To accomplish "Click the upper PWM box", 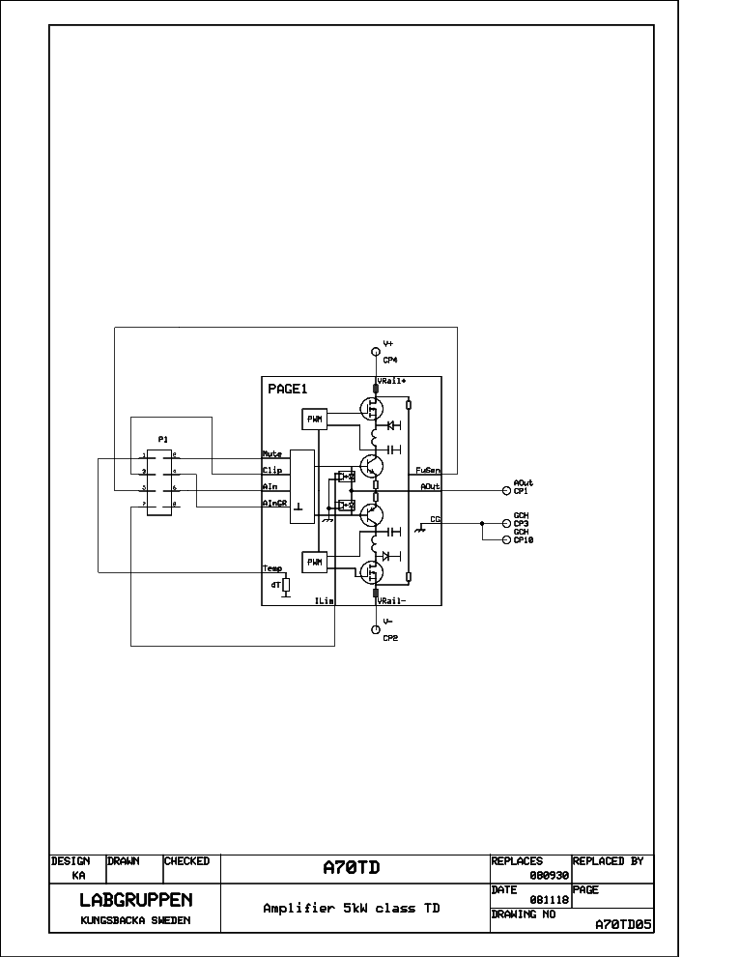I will tap(315, 419).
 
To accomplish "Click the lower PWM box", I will tap(315, 562).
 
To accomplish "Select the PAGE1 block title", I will tap(287, 389).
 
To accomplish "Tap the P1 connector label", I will tap(163, 439).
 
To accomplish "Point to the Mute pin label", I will tap(271, 452).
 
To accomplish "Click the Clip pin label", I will tap(271, 470).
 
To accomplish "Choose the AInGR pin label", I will tap(274, 504).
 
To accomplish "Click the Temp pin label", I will tap(271, 568).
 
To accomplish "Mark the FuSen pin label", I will tap(429, 471).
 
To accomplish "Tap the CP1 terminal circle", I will tap(505, 490).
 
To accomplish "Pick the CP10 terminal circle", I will tap(505, 540).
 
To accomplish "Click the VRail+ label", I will tap(391, 381).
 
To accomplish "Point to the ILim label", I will tap(325, 601).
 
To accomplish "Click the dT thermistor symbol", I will tap(286, 586).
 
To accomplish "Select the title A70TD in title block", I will tap(352, 868).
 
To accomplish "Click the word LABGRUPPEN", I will tap(135, 900).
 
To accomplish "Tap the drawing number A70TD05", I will tap(623, 924).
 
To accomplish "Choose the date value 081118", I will tap(547, 899).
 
